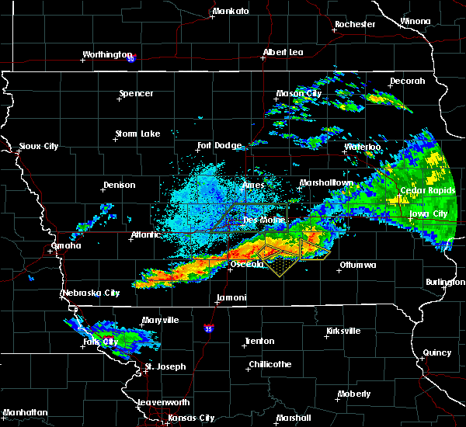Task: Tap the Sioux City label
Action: (x=38, y=146)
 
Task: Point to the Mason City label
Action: (x=299, y=94)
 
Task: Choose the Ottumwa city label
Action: (x=357, y=266)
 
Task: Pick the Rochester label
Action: (x=355, y=25)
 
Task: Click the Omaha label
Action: (x=66, y=245)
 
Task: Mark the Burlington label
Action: (x=445, y=283)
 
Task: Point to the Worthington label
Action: (x=107, y=55)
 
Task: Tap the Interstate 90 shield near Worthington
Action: (x=131, y=58)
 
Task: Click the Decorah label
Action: (x=408, y=82)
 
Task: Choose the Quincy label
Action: (x=437, y=353)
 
